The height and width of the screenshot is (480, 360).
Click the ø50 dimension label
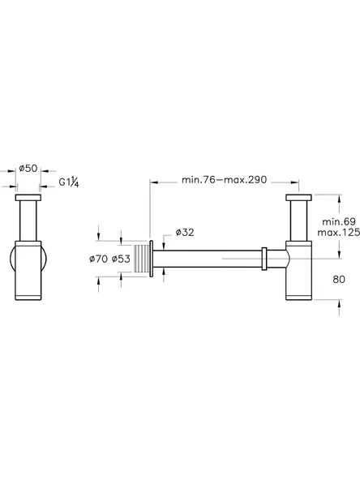pyautogui.click(x=28, y=168)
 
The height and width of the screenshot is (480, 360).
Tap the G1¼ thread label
pyautogui.click(x=69, y=182)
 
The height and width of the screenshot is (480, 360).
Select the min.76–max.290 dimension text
pyautogui.click(x=224, y=180)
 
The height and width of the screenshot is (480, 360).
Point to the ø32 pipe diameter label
pyautogui.click(x=185, y=233)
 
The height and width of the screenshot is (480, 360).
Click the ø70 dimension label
pyautogui.click(x=99, y=259)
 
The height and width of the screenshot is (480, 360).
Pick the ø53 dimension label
pyautogui.click(x=121, y=259)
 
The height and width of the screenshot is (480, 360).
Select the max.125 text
pyautogui.click(x=339, y=233)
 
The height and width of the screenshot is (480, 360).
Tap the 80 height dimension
pyautogui.click(x=339, y=279)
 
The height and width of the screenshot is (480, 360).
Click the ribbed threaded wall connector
pyautogui.click(x=141, y=259)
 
